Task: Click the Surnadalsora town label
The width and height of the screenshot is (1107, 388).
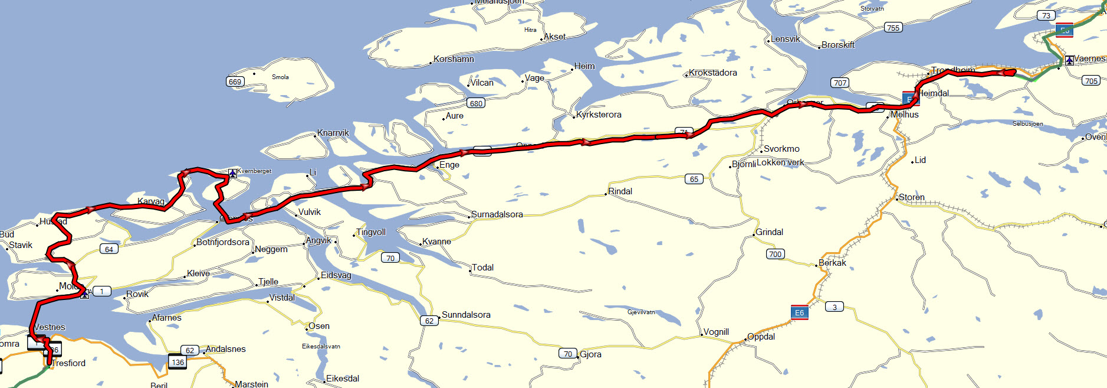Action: (x=497, y=214)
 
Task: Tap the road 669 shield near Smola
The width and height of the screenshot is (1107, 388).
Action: (x=235, y=81)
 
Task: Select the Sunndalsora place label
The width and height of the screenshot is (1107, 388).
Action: (x=466, y=315)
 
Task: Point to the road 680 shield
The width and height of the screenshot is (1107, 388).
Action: (x=476, y=103)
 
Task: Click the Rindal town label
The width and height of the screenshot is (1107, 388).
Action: (x=620, y=191)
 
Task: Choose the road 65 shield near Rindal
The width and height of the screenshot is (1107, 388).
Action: (x=694, y=179)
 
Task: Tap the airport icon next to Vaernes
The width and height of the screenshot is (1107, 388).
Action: (x=1069, y=60)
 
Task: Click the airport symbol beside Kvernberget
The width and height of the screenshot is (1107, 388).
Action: (x=232, y=173)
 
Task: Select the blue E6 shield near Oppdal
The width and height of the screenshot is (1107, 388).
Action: (x=799, y=312)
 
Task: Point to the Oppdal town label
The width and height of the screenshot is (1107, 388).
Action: (x=761, y=337)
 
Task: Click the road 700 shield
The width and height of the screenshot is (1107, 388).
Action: (x=775, y=254)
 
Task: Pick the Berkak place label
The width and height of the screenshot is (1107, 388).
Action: (x=832, y=263)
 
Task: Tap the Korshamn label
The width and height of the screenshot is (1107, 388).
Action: (x=454, y=59)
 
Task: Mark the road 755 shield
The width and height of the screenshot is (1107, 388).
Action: (x=893, y=28)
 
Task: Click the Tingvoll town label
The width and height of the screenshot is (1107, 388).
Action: (x=371, y=232)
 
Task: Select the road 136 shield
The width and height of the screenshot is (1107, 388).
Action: (x=178, y=362)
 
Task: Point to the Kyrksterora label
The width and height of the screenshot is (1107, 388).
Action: (x=599, y=115)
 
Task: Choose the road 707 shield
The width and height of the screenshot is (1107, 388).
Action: (x=840, y=83)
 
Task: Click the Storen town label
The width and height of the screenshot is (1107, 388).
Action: (x=911, y=197)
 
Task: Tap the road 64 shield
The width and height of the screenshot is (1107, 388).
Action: (x=109, y=249)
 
